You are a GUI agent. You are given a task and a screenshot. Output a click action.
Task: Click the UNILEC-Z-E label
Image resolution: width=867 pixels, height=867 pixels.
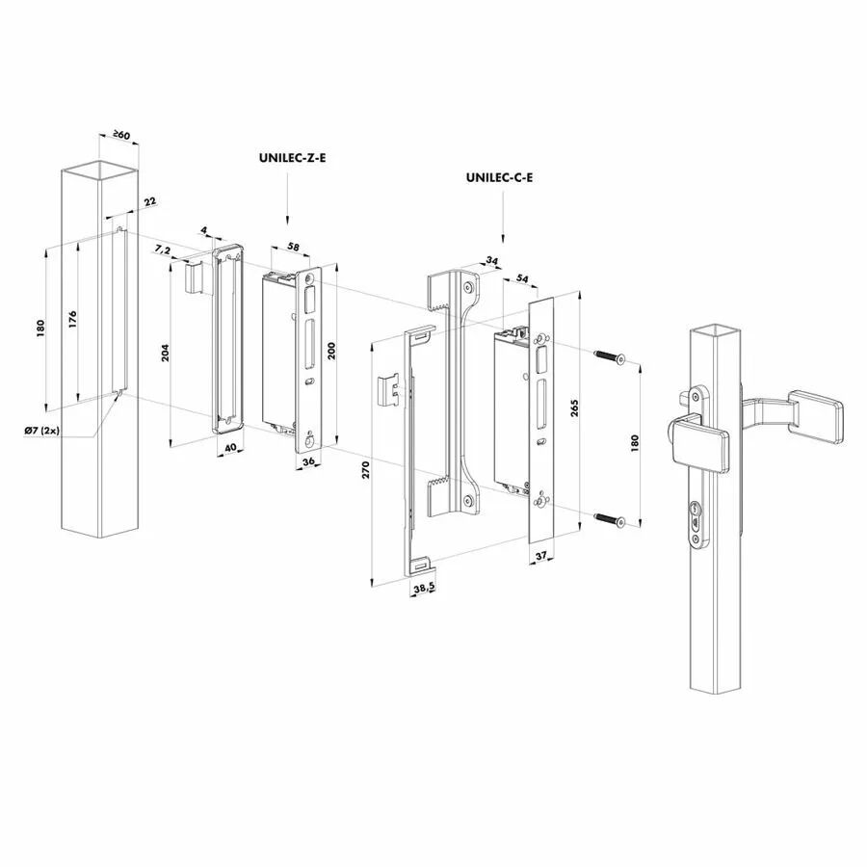coord(292,158)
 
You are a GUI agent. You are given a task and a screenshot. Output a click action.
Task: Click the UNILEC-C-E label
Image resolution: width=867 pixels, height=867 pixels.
coord(499,177)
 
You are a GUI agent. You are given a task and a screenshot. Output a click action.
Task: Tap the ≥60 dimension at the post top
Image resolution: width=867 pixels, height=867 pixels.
coord(120,134)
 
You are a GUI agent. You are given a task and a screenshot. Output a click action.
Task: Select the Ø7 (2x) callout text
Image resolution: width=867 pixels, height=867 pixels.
coord(42,431)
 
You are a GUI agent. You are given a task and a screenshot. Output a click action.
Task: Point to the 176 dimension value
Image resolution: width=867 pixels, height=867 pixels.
coord(72,320)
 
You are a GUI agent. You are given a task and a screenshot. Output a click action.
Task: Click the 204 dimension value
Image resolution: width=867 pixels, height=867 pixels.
coord(165,353)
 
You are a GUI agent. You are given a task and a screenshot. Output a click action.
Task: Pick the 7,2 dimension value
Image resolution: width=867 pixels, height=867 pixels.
coord(163,250)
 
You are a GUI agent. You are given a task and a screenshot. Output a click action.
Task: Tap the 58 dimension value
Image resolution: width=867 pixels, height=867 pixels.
coord(293,247)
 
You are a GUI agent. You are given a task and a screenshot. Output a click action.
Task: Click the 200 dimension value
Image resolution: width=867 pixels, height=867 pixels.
coord(331,350)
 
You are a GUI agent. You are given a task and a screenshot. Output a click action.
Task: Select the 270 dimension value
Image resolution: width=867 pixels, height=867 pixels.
coord(365,469)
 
